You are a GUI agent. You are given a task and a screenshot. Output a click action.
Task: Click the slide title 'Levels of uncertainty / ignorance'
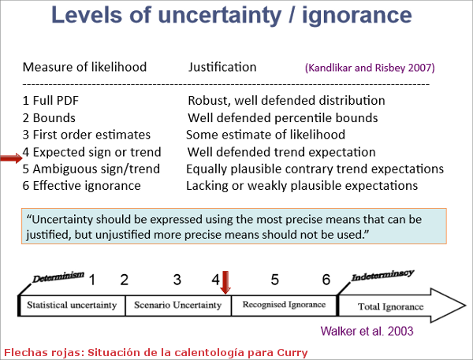[236, 16]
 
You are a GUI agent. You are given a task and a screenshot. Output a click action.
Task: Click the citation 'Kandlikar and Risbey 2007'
[369, 68]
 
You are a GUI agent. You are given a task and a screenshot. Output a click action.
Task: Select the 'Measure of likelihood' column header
[84, 67]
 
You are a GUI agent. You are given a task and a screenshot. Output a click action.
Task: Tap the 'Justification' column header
[222, 67]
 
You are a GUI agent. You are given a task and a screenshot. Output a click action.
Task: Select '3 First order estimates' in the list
[87, 135]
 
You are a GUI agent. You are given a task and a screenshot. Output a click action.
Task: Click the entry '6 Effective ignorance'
[82, 186]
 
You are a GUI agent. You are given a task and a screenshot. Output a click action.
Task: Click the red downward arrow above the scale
[225, 281]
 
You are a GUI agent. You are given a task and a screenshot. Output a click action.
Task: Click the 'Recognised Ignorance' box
[284, 305]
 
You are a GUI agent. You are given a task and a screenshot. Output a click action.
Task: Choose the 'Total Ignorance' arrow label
[391, 306]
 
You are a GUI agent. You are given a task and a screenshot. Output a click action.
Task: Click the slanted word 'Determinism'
[57, 278]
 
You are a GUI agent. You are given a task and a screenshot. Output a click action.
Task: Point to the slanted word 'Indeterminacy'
[382, 276]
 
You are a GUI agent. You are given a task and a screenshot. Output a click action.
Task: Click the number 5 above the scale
[274, 280]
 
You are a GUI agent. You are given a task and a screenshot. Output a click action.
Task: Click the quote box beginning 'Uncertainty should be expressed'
[236, 225]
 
